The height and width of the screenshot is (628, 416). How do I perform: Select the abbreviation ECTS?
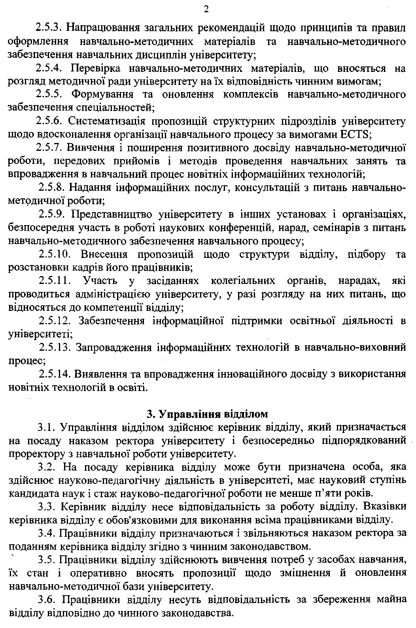pos(355,134)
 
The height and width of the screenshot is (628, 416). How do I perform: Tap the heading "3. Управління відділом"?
pos(207,414)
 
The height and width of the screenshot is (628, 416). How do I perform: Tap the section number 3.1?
pos(48,427)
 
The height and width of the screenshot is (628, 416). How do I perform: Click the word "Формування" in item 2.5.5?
pos(98,94)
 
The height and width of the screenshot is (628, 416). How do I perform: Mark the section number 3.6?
pos(48,600)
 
